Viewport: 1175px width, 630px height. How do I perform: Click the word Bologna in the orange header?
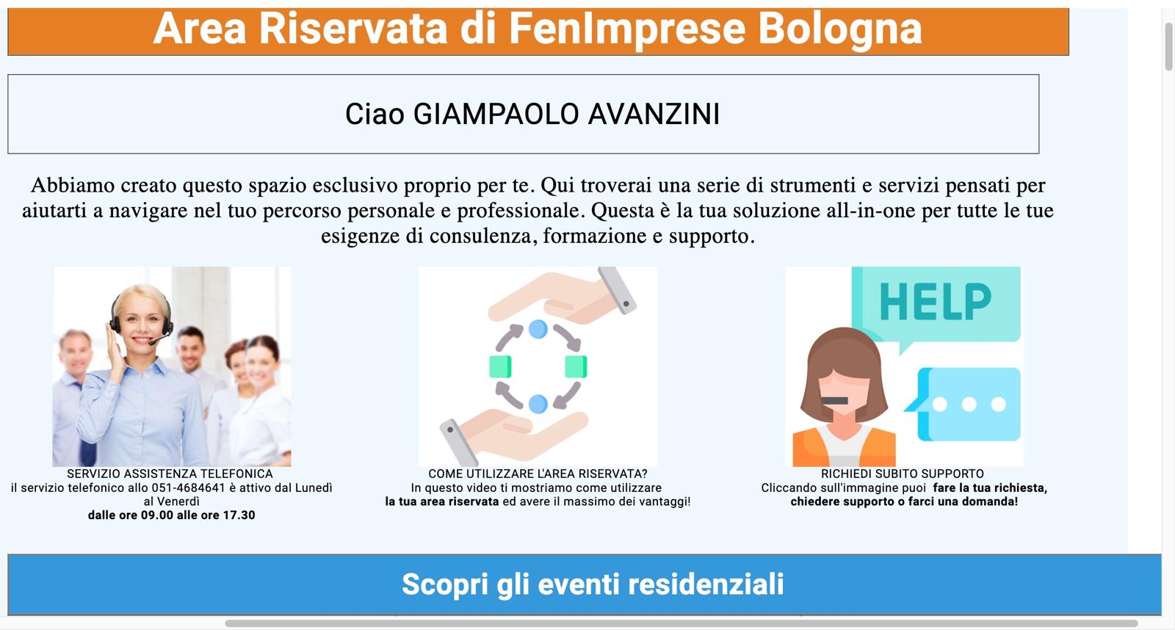coord(840,29)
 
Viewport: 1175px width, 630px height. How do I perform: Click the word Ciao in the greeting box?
coord(375,114)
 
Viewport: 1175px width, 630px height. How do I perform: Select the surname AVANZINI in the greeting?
coord(654,114)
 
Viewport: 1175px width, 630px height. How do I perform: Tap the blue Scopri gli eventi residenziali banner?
coord(585,584)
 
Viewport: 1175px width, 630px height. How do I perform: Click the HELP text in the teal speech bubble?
coord(936,302)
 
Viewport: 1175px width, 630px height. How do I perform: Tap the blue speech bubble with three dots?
coord(964,404)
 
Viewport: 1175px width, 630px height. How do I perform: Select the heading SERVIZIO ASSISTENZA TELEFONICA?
coord(170,474)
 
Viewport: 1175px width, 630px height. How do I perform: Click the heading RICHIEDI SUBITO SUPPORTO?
coord(903,474)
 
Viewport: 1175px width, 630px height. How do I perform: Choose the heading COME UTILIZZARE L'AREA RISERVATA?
coord(538,474)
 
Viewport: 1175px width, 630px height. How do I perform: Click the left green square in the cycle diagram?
coord(500,366)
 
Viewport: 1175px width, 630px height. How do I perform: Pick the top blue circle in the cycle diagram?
coord(538,330)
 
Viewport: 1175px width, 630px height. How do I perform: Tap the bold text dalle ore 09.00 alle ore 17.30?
coord(172,515)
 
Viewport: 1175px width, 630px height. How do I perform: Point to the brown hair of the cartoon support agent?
coord(844,357)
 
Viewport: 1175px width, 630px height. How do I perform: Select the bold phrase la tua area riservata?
coord(441,502)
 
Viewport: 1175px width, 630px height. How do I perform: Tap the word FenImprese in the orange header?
coord(627,29)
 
